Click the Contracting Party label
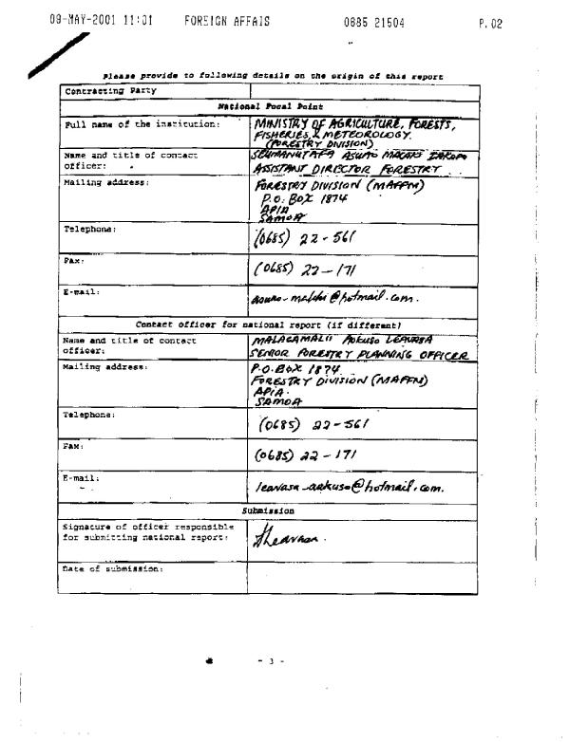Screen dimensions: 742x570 [x=104, y=91]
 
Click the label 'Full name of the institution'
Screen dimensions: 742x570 [x=141, y=125]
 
